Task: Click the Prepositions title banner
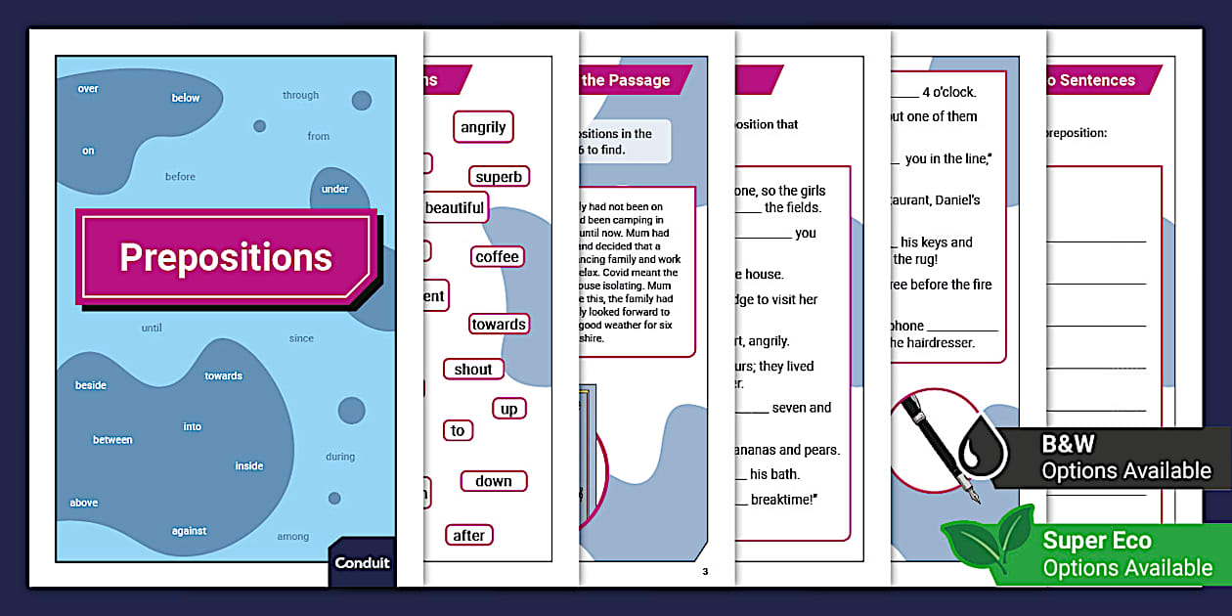point(226,257)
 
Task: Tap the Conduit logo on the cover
point(362,563)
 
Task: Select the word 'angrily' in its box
point(483,127)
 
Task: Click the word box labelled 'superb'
point(499,177)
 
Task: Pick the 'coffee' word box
point(498,257)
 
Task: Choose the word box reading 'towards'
point(499,325)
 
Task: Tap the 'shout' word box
point(473,370)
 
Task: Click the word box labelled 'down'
point(494,481)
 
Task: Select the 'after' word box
point(469,536)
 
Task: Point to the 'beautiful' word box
point(455,208)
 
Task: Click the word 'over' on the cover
point(88,89)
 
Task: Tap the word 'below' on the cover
point(186,98)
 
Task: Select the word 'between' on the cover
point(112,440)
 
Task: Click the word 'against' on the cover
point(189,531)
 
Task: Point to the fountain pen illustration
point(934,440)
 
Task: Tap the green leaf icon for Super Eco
point(986,547)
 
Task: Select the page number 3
point(704,571)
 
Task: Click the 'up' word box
point(508,410)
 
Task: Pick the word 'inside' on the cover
point(249,466)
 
